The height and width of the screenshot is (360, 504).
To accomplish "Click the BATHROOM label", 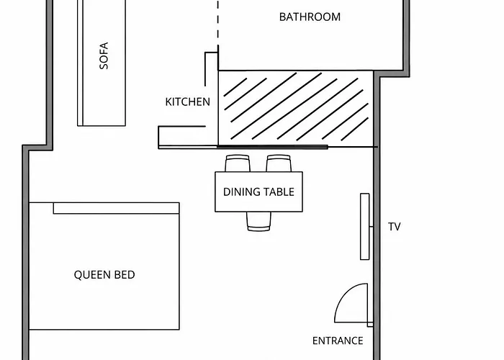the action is click(310, 17).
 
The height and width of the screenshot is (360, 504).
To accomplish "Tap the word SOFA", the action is click(104, 56).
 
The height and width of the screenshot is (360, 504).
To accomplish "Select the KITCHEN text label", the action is click(188, 102).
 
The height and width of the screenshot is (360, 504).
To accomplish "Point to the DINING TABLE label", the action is click(258, 192).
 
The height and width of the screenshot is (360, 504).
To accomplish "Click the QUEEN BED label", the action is click(104, 275).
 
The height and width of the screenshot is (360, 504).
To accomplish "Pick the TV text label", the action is click(395, 227).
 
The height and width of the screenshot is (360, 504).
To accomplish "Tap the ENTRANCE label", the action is click(338, 341).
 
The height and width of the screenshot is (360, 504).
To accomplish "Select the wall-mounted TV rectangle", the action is click(365, 226).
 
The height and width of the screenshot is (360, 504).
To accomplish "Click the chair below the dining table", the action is click(258, 222).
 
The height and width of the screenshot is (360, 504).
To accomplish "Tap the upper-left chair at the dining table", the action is click(238, 163).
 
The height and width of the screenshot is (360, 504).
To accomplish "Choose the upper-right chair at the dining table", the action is click(279, 163).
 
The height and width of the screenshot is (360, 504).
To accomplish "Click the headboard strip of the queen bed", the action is click(117, 208).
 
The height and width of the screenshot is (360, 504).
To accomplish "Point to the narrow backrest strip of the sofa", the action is click(81, 63).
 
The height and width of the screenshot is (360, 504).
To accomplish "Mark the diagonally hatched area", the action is click(296, 109).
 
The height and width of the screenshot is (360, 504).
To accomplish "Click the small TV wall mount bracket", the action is click(372, 227).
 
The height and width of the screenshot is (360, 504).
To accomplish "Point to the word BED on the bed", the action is click(125, 275).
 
